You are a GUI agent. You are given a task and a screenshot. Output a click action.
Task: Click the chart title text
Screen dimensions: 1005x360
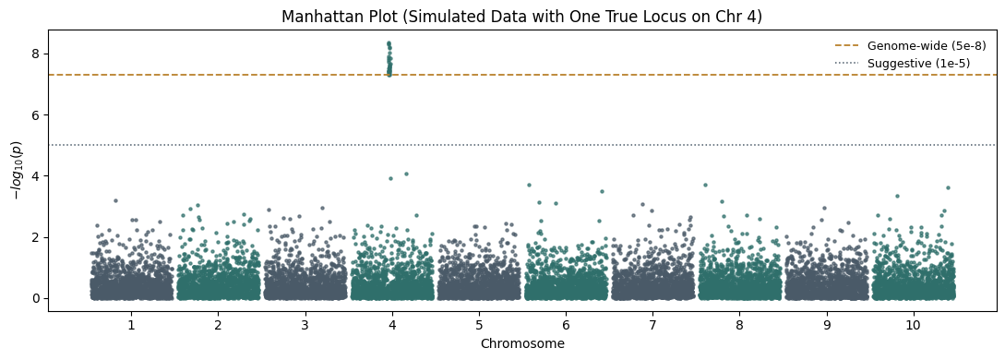coord(521,18)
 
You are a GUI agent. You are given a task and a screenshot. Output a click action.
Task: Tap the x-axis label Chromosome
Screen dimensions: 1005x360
coord(522,344)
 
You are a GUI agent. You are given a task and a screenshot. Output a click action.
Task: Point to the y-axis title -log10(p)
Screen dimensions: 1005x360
coord(18,171)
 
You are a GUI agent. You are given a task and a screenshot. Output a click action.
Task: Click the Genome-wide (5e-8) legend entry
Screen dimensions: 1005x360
coord(910,45)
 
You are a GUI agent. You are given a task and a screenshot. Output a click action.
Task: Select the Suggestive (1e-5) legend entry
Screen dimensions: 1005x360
coord(910,64)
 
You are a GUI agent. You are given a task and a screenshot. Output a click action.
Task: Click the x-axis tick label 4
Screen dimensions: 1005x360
coord(391,325)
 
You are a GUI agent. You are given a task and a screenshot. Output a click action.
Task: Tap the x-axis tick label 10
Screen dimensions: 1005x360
coord(914,325)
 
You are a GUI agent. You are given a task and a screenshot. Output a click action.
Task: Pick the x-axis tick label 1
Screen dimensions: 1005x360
coord(131,325)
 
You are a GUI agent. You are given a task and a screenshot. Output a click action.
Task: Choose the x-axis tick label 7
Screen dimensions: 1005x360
coord(652,325)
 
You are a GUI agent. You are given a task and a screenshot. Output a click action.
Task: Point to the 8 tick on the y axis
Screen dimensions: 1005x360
coord(37,54)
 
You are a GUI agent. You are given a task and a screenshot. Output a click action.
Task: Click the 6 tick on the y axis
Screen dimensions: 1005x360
coord(37,115)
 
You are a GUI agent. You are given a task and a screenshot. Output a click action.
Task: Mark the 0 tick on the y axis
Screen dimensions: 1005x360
coord(37,298)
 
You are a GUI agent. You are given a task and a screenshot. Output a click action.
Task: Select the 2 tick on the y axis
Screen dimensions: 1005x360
coord(37,237)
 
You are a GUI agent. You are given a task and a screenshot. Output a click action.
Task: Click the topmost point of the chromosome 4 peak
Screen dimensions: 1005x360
coord(389,43)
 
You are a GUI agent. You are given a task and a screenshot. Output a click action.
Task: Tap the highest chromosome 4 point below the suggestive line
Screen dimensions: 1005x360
coord(406,174)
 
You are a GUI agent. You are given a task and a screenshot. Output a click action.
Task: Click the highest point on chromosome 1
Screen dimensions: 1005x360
coord(115,200)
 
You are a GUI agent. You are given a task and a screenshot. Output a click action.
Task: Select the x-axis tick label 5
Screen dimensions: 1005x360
coord(479,325)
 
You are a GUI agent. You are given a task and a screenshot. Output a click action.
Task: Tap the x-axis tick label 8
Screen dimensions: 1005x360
coord(739,325)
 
